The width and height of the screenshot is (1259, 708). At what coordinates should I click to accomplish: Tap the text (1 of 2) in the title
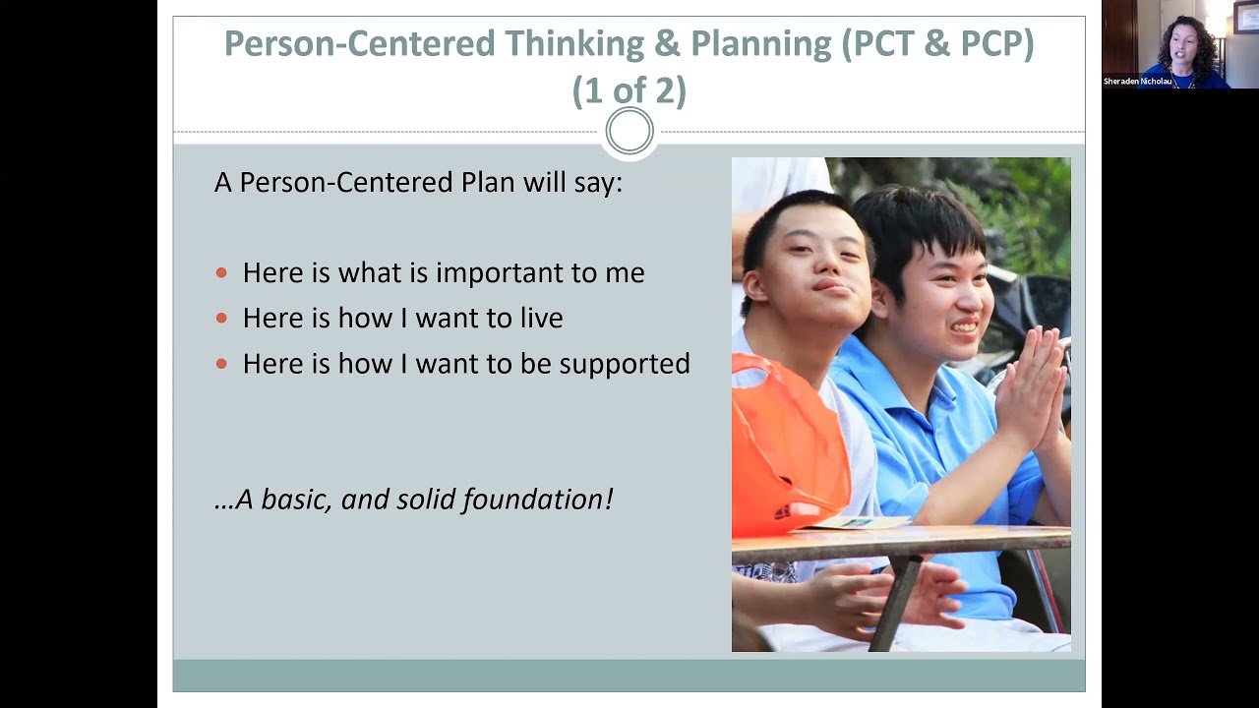click(629, 90)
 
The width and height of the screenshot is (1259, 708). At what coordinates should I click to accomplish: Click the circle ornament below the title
click(629, 132)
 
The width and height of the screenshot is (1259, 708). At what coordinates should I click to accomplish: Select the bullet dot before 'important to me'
click(221, 273)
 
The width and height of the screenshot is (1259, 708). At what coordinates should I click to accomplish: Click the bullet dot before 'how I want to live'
click(221, 319)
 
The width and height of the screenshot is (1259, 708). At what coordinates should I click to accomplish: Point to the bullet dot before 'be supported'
click(221, 364)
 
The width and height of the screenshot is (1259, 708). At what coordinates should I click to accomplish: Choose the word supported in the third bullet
click(625, 364)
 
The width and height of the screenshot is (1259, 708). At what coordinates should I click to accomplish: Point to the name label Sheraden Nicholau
click(1137, 82)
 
